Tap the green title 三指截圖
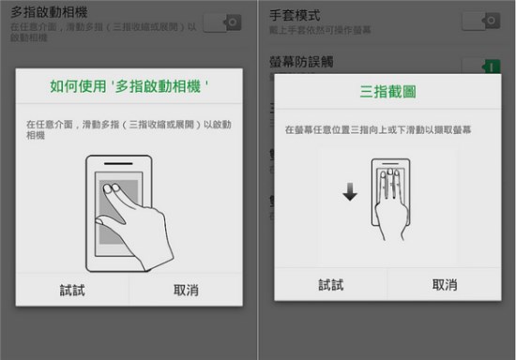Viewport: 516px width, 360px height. (x=387, y=92)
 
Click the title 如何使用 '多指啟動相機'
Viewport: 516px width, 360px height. (x=129, y=86)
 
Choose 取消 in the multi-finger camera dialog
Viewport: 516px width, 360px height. (x=186, y=291)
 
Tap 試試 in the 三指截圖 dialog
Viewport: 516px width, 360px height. (x=330, y=284)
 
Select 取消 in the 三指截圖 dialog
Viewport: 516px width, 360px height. (x=445, y=284)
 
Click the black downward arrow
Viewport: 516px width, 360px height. (x=349, y=192)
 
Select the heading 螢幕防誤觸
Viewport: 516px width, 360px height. (x=301, y=61)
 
